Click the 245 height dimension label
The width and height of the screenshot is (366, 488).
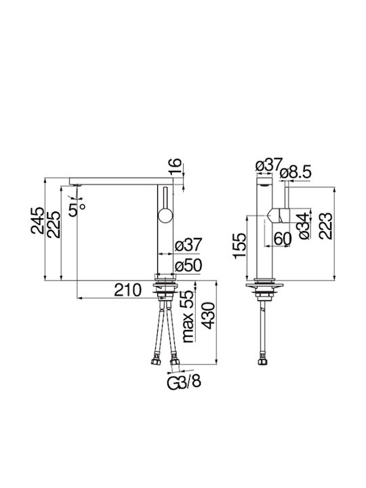click(37, 220)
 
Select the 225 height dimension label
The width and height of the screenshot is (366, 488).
click(54, 224)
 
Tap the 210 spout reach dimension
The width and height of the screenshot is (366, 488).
click(127, 290)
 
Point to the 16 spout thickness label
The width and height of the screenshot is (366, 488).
click(176, 167)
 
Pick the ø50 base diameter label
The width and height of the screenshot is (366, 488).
click(188, 266)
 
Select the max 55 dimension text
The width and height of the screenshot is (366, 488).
click(188, 317)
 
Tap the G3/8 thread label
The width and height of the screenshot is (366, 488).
click(184, 381)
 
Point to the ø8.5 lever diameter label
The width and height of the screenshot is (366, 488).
click(295, 173)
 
